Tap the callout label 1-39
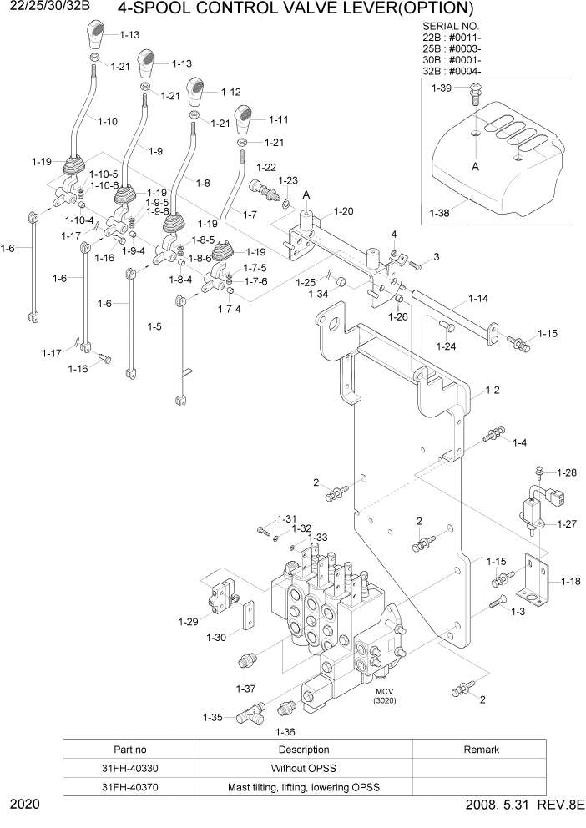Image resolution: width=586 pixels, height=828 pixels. (441, 88)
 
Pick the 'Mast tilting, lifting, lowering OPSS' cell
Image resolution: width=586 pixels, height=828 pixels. (304, 787)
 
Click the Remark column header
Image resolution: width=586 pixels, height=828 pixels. (481, 749)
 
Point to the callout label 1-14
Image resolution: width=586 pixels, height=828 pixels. (478, 298)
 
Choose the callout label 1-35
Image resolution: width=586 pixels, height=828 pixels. (212, 717)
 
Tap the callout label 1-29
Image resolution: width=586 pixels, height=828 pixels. (188, 621)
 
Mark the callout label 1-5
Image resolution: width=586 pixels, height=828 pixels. (155, 326)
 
